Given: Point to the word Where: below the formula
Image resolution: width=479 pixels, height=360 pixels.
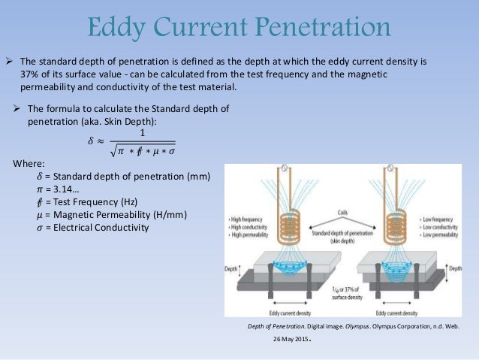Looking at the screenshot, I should point(29,163).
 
